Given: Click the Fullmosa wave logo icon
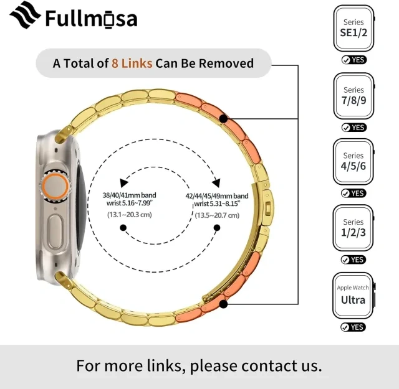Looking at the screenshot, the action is pyautogui.click(x=25, y=15).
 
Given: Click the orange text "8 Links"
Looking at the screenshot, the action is pyautogui.click(x=132, y=63).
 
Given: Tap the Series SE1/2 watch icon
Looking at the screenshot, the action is pyautogui.click(x=354, y=28).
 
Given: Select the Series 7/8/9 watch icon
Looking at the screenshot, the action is pyautogui.click(x=354, y=96).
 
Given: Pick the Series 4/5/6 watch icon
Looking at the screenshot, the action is pyautogui.click(x=353, y=162).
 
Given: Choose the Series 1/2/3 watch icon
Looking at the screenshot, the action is pyautogui.click(x=353, y=228).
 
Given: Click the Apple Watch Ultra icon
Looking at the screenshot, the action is pyautogui.click(x=353, y=296).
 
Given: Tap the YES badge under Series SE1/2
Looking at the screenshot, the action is pyautogui.click(x=354, y=60).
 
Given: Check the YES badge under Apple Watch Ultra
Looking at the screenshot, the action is pyautogui.click(x=353, y=327).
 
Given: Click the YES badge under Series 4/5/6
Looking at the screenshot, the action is pyautogui.click(x=353, y=194).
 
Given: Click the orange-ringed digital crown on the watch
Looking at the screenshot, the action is pyautogui.click(x=55, y=187).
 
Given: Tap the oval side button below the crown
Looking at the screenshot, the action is pyautogui.click(x=55, y=232).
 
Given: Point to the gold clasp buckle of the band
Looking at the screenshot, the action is pyautogui.click(x=267, y=208).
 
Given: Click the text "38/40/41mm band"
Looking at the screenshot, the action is pyautogui.click(x=129, y=195).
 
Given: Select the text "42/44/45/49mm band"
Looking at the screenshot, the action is pyautogui.click(x=217, y=196).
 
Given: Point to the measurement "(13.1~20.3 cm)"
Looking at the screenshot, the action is pyautogui.click(x=130, y=215).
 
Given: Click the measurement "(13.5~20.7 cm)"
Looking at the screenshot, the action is pyautogui.click(x=217, y=215).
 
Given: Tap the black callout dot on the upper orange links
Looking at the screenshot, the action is pyautogui.click(x=223, y=119).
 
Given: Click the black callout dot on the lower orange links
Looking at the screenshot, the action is pyautogui.click(x=223, y=304).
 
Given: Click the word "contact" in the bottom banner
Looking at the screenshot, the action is pyautogui.click(x=269, y=366).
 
